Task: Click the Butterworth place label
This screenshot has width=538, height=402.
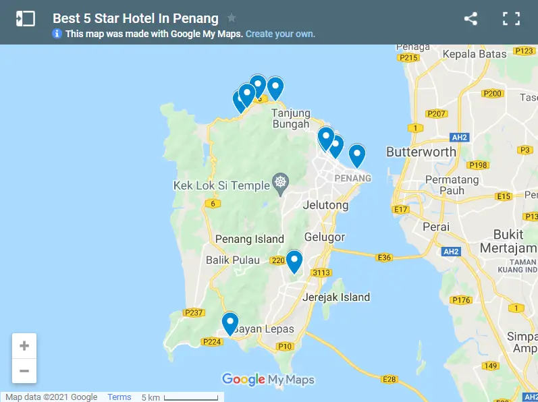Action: pos(421,152)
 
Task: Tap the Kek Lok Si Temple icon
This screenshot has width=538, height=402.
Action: pos(280,181)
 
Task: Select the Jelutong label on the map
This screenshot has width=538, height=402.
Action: pos(326,205)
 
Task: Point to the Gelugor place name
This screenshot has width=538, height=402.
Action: pos(325,237)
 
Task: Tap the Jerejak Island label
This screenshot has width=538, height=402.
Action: pos(336,297)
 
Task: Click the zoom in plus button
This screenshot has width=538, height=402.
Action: pos(24,346)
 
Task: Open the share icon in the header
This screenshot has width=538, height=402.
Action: pos(470,19)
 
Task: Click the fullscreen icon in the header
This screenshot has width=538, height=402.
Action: pos(511,19)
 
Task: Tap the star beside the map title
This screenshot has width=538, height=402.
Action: pos(232,18)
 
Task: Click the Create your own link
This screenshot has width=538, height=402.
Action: pos(280,34)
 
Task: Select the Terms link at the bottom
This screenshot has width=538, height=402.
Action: pos(119,397)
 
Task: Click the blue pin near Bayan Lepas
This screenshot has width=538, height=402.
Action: pos(230,323)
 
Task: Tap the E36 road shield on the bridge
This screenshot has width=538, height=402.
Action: pos(384,257)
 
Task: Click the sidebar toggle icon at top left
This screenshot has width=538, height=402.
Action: pos(25,19)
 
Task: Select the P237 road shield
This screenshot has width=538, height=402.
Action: pos(194,312)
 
